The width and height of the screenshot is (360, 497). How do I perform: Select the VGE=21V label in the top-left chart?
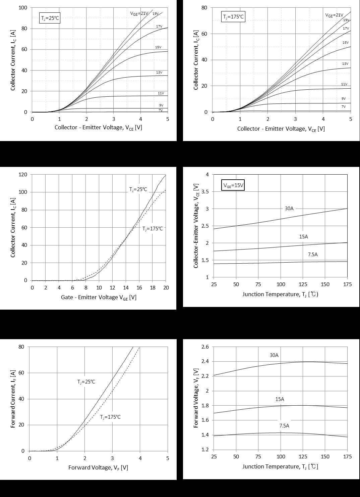139,13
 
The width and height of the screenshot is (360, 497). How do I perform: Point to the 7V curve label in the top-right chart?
344,106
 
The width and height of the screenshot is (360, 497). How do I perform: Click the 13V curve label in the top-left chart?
159,73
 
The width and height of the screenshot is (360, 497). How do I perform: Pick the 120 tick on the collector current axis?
24,175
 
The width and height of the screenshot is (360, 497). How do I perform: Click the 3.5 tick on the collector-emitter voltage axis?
204,192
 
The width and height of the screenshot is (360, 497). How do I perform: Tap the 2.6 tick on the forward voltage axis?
204,347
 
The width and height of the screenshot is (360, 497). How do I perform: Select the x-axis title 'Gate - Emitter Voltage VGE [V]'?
99,298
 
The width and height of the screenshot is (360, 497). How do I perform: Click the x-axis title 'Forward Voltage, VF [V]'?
98,467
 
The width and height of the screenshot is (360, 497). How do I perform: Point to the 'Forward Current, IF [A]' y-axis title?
13,399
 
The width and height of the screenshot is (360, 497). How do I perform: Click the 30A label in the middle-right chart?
289,209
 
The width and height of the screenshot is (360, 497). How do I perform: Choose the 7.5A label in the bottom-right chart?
284,426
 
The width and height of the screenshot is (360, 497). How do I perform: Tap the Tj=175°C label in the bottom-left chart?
110,417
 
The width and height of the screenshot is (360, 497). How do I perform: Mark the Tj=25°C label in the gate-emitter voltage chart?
138,189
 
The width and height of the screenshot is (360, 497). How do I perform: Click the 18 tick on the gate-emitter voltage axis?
153,288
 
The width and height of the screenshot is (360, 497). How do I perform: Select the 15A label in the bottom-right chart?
280,399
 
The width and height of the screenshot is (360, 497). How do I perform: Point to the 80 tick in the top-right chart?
204,8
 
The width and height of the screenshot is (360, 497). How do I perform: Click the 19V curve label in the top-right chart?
346,20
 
